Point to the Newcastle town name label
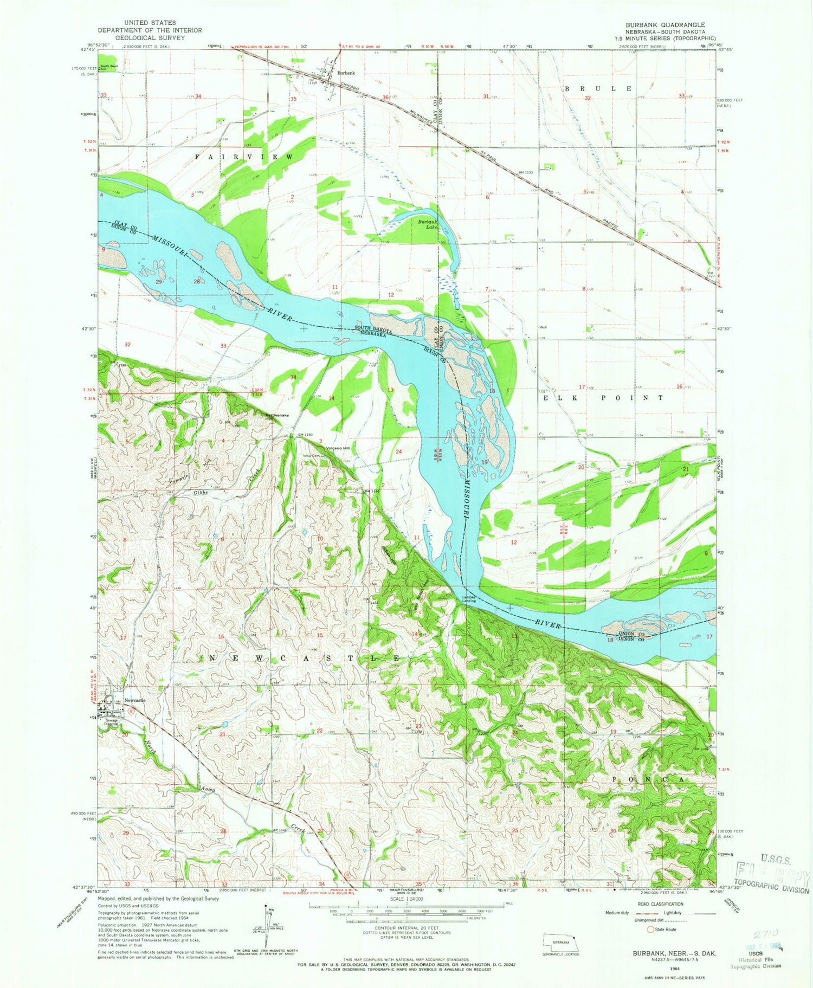135,700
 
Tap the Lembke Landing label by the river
469,599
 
